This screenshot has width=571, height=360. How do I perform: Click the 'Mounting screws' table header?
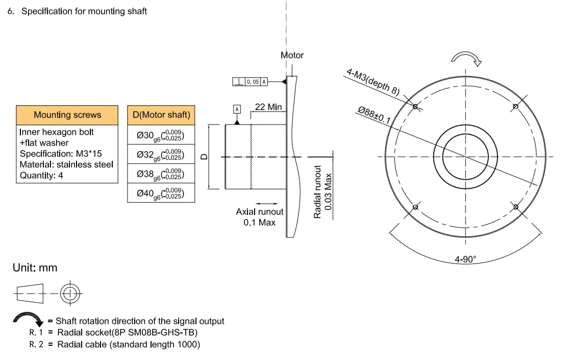pos(67,115)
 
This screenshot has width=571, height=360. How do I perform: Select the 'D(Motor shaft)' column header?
pos(161,115)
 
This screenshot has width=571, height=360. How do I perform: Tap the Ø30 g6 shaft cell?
pos(161,135)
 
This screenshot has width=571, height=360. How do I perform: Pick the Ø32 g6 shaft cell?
pos(161,154)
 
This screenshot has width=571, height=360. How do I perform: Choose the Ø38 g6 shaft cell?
pos(161,174)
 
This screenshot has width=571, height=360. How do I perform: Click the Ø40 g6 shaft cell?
pos(161,193)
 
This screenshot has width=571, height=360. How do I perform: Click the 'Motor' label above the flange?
pos(292,55)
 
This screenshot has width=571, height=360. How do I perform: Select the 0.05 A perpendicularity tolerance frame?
pos(250,82)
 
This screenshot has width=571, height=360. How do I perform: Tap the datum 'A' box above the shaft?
pos(236,109)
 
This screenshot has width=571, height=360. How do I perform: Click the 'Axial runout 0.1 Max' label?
pos(259,217)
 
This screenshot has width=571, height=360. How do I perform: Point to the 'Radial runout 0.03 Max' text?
pos(322,192)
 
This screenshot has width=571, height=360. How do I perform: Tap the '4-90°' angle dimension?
pos(465,259)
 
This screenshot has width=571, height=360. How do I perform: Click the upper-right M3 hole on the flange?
pos(515,106)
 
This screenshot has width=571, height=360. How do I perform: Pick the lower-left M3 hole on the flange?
pos(415,207)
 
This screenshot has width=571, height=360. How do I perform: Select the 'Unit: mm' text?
pos(35,268)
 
